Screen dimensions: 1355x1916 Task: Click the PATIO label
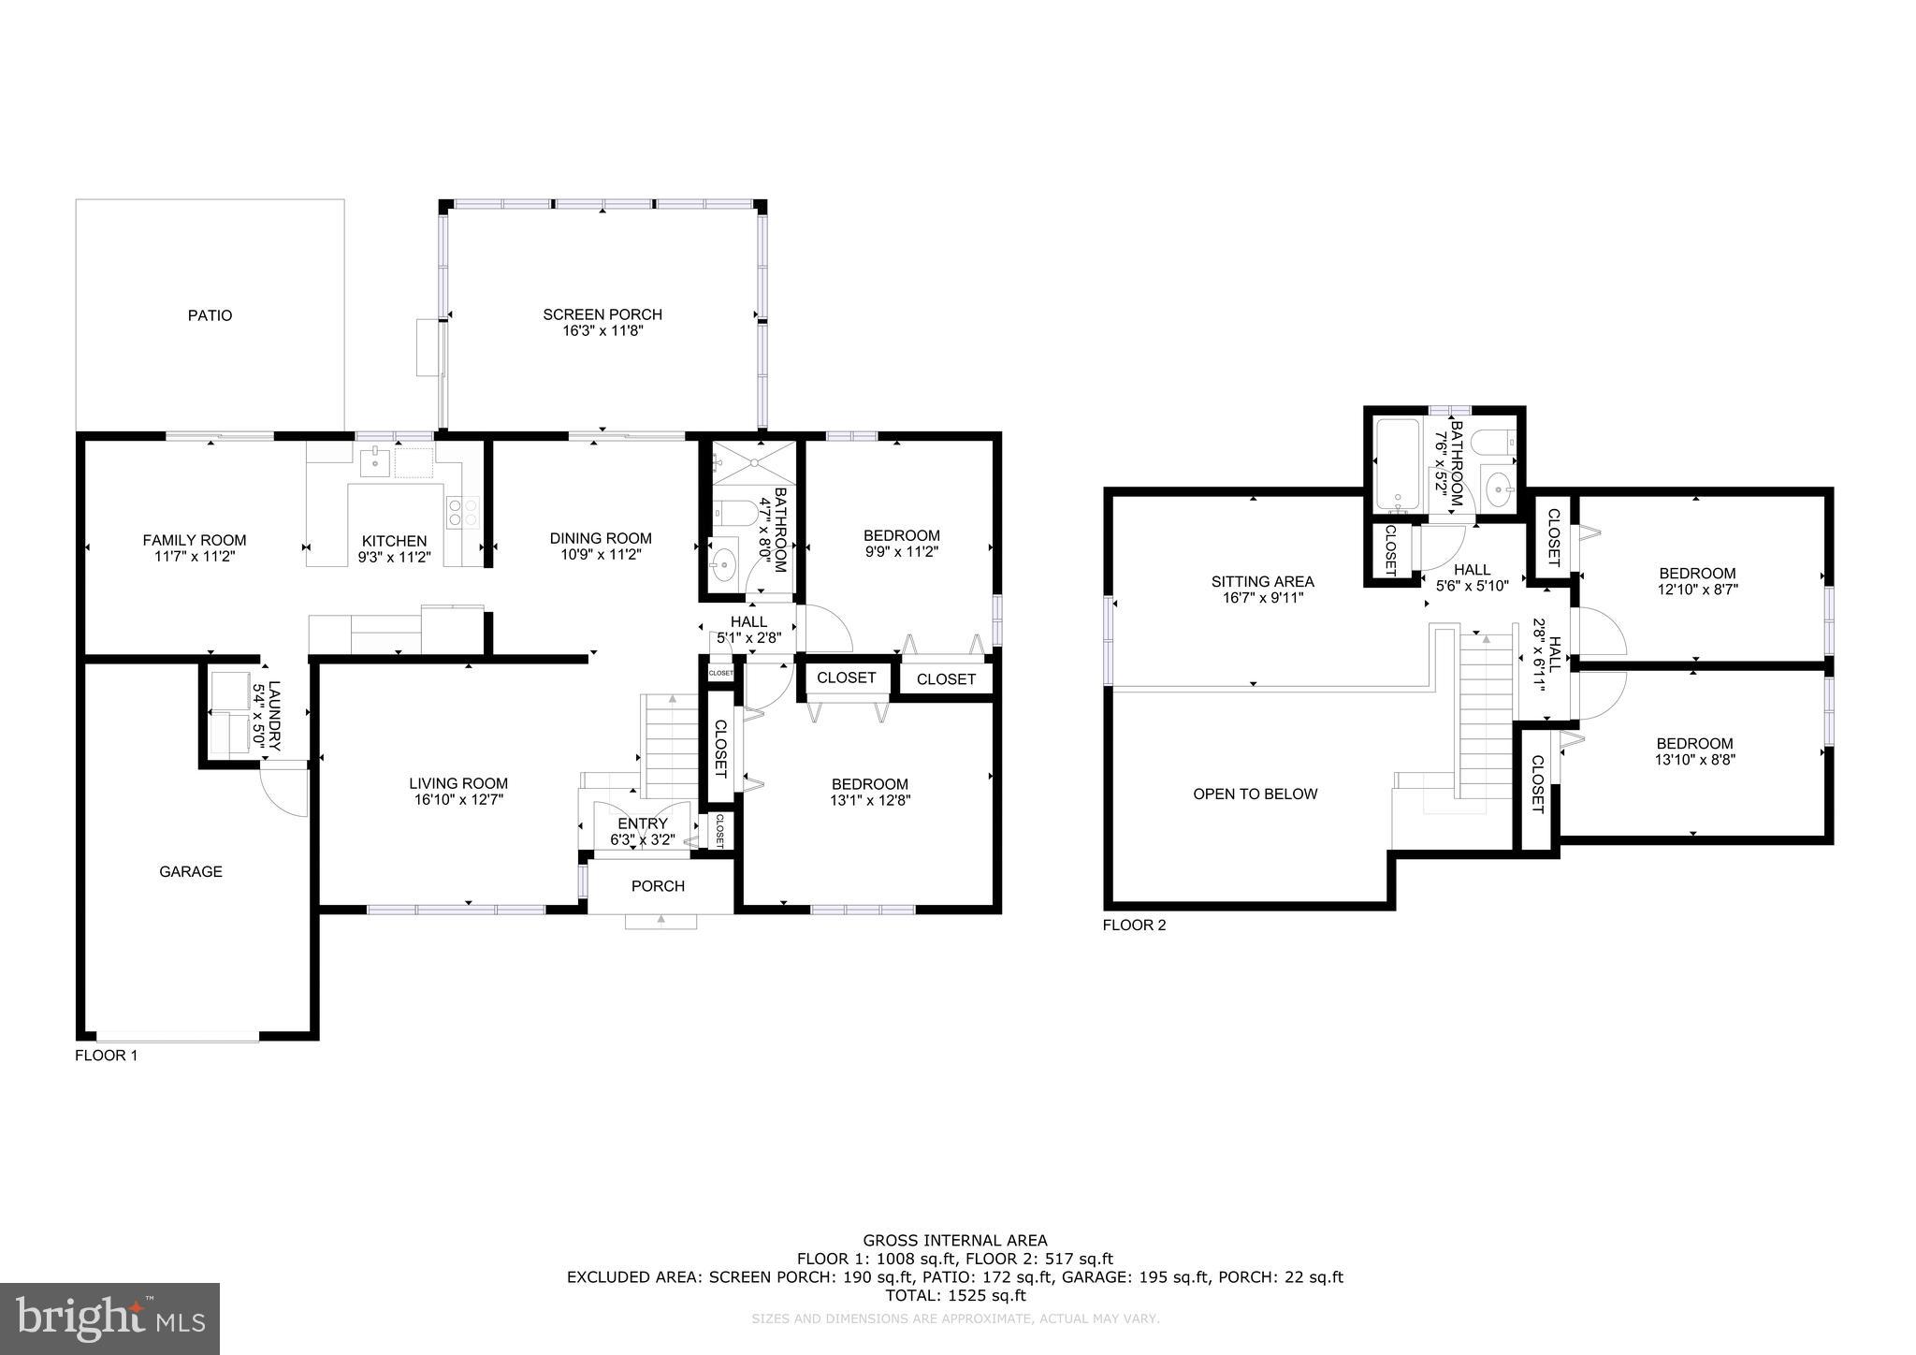(x=210, y=315)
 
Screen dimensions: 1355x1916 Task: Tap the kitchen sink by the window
(x=375, y=462)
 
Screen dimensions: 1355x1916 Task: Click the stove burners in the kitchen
(x=462, y=511)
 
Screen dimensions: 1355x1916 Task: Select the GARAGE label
(x=191, y=871)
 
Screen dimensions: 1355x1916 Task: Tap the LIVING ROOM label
(x=458, y=783)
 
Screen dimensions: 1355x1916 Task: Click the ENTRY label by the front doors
(x=642, y=823)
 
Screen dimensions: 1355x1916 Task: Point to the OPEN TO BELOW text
(x=1255, y=794)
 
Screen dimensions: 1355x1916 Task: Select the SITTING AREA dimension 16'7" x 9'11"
(x=1262, y=598)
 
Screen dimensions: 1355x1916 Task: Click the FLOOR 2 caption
(x=1134, y=925)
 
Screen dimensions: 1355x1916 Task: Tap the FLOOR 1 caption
(x=106, y=1056)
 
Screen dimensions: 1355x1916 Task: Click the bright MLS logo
(x=109, y=1319)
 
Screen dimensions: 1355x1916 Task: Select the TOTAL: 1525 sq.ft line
(x=954, y=1296)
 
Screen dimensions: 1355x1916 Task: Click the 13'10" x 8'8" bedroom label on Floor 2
(x=1694, y=760)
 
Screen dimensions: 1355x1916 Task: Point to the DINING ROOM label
(x=600, y=538)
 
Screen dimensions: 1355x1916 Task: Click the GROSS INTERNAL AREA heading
(x=954, y=1241)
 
